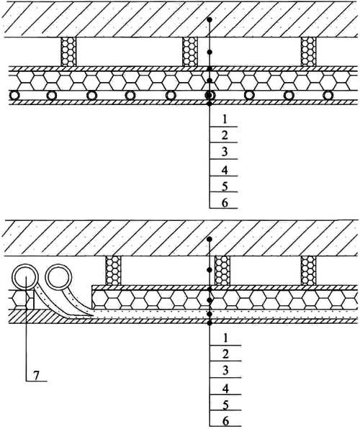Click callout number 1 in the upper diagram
point(225,119)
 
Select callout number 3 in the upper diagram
point(225,151)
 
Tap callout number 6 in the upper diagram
point(225,203)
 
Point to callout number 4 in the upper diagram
point(225,171)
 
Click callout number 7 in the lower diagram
point(37,376)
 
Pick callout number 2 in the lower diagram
point(225,354)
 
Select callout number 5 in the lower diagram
point(225,405)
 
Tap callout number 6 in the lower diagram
point(225,421)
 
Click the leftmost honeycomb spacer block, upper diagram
point(68,52)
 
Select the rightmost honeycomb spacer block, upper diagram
point(309,52)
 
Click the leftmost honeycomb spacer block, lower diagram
point(113,271)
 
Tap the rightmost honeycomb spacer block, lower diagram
point(308,271)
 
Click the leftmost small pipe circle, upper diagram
point(14,96)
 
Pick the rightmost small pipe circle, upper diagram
point(328,96)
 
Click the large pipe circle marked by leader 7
point(25,277)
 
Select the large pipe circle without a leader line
point(58,277)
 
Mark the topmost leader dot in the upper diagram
point(210,19)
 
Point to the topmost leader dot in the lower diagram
point(210,239)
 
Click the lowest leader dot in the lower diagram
point(210,323)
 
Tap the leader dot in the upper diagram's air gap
point(210,52)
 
